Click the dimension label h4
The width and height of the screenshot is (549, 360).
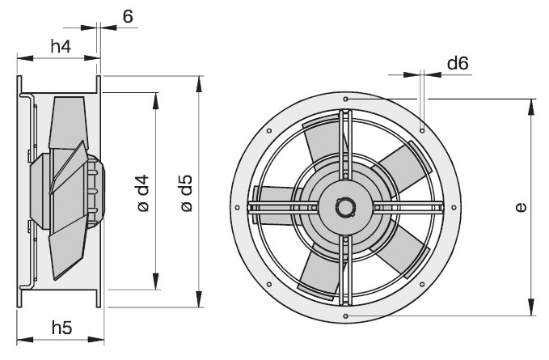click(61, 46)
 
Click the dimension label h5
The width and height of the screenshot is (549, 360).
click(62, 328)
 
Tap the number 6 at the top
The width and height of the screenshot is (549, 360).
click(128, 16)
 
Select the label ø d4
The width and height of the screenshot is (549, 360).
click(143, 193)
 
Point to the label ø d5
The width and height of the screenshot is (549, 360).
click(187, 193)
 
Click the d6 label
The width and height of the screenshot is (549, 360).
click(458, 63)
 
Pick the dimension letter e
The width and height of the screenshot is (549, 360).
click(521, 208)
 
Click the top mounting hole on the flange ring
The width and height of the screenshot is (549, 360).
click(345, 100)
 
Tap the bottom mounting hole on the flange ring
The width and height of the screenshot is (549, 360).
click(345, 316)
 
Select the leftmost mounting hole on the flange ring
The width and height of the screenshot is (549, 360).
click(238, 208)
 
